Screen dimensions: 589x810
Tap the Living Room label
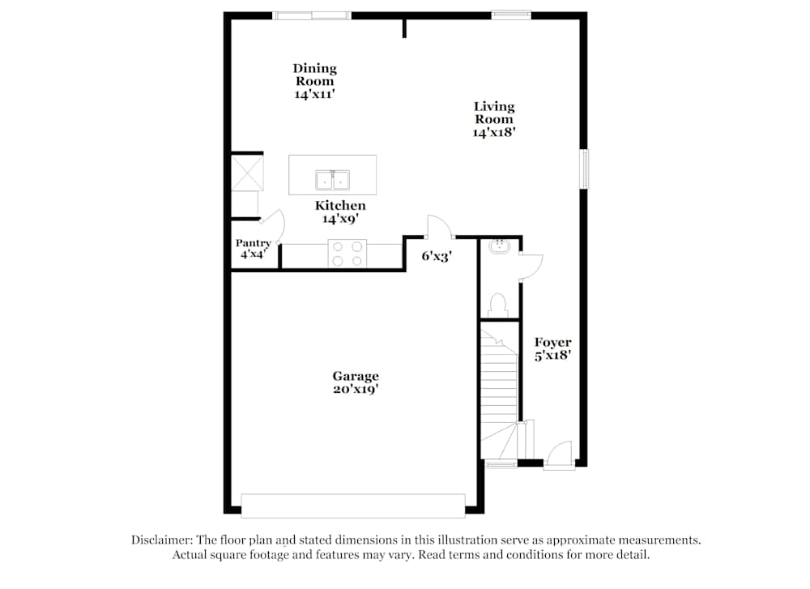coord(494,118)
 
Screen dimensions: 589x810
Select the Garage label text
coord(356,382)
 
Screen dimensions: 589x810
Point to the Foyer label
coord(553,348)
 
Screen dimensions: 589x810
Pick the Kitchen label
coord(340,206)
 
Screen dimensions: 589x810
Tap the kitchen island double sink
coord(332,179)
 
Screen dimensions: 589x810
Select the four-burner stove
coord(347,254)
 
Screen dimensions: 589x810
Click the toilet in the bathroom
coord(498,305)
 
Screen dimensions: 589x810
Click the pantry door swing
coord(274,226)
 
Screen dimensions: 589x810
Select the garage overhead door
coord(353,506)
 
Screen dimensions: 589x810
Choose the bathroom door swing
coord(531,267)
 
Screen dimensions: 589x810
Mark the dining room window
coord(311,15)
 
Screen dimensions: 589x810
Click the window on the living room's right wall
coord(584,169)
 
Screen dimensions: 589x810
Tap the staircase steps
coord(499,381)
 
